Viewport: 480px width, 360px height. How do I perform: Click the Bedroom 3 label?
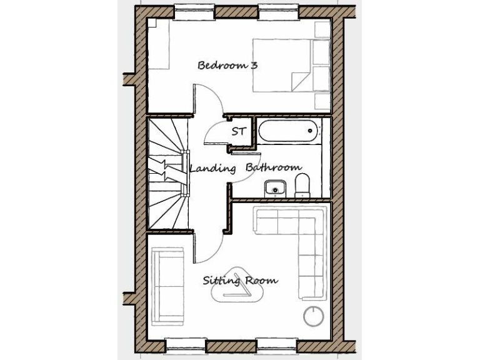pos(227,65)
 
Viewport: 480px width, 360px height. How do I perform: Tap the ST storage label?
pos(238,132)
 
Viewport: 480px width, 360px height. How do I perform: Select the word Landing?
pos(212,168)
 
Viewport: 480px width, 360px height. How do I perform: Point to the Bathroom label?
pos(273,168)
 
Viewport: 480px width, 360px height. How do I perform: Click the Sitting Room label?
pos(240,281)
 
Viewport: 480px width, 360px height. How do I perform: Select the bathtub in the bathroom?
pos(287,132)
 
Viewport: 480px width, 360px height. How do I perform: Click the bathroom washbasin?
pos(274,187)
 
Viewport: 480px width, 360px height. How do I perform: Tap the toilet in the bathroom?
pos(302,186)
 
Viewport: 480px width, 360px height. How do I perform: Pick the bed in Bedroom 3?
pos(290,65)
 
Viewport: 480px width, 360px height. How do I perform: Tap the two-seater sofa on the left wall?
pos(167,286)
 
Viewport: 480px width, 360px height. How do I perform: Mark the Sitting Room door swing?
pos(209,247)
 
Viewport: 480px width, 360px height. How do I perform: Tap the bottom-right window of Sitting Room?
pos(276,345)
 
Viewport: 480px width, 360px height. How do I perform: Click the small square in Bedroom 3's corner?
pos(152,22)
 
